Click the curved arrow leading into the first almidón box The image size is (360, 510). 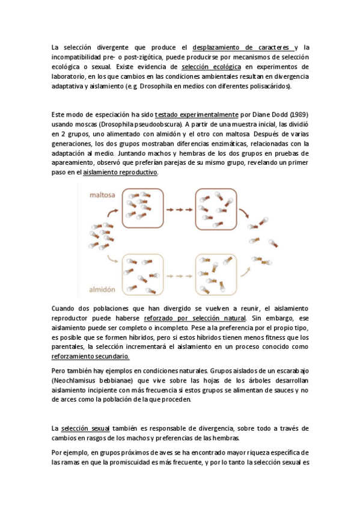coord(112,260)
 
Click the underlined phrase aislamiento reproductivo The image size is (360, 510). coord(120,173)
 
